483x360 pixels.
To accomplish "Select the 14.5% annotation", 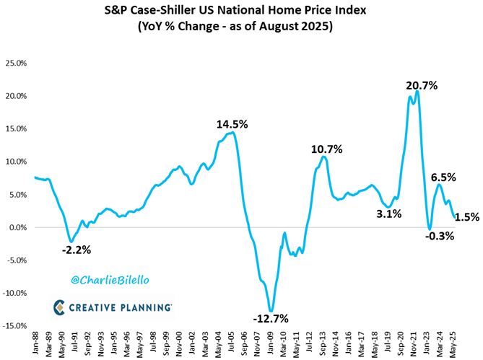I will tap(232, 124).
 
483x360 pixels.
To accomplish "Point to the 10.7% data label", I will tap(327, 149).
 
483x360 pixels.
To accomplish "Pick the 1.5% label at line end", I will tap(467, 216).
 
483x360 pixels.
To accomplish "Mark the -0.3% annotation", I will tap(439, 236).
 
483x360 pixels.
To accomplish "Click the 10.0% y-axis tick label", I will tap(17, 162).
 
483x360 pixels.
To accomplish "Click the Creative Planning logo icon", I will tap(60, 308).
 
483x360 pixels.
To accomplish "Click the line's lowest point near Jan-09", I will tap(271, 311).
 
